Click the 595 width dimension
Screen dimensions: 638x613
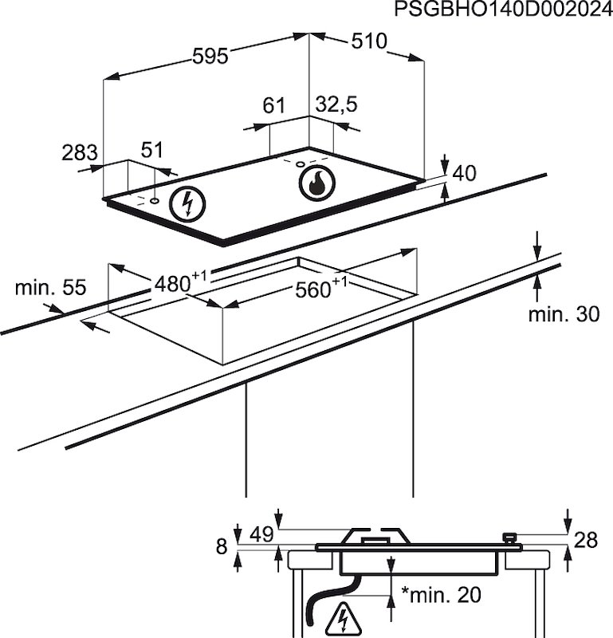(x=210, y=56)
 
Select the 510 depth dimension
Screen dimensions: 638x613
(x=368, y=42)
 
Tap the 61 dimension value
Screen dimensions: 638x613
(x=273, y=105)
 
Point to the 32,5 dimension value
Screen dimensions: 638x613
(x=336, y=104)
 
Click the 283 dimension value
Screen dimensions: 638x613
(x=80, y=152)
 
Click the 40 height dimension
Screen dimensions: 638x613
(x=464, y=173)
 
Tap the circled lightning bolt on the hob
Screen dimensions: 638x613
(x=189, y=203)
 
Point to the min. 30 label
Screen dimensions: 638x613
(x=564, y=314)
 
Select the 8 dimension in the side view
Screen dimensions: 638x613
(x=222, y=546)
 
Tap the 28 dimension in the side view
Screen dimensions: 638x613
(x=586, y=541)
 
